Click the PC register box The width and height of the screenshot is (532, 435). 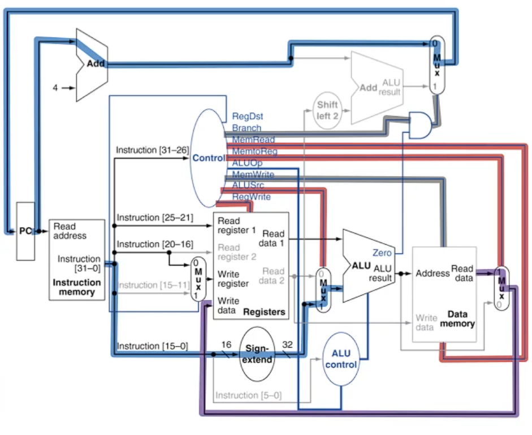[x=25, y=231]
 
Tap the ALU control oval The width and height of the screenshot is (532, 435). [x=341, y=359]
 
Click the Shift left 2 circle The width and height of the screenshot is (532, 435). [x=327, y=109]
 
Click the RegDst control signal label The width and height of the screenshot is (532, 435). [x=248, y=116]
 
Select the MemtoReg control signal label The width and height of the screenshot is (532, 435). [x=254, y=151]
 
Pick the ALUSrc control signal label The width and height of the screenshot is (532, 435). [x=248, y=185]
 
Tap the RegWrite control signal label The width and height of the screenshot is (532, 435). [x=251, y=197]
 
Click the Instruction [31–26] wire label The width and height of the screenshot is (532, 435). [x=152, y=150]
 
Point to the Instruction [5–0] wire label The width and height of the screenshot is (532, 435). [x=248, y=395]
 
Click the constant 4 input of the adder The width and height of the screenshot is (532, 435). [x=55, y=88]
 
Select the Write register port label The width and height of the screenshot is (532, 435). [x=233, y=279]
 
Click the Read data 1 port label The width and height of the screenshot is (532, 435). [x=274, y=238]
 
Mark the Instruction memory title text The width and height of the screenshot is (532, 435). [x=77, y=287]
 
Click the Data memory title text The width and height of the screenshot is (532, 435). [x=461, y=318]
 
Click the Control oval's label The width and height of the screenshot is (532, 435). [x=209, y=158]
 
